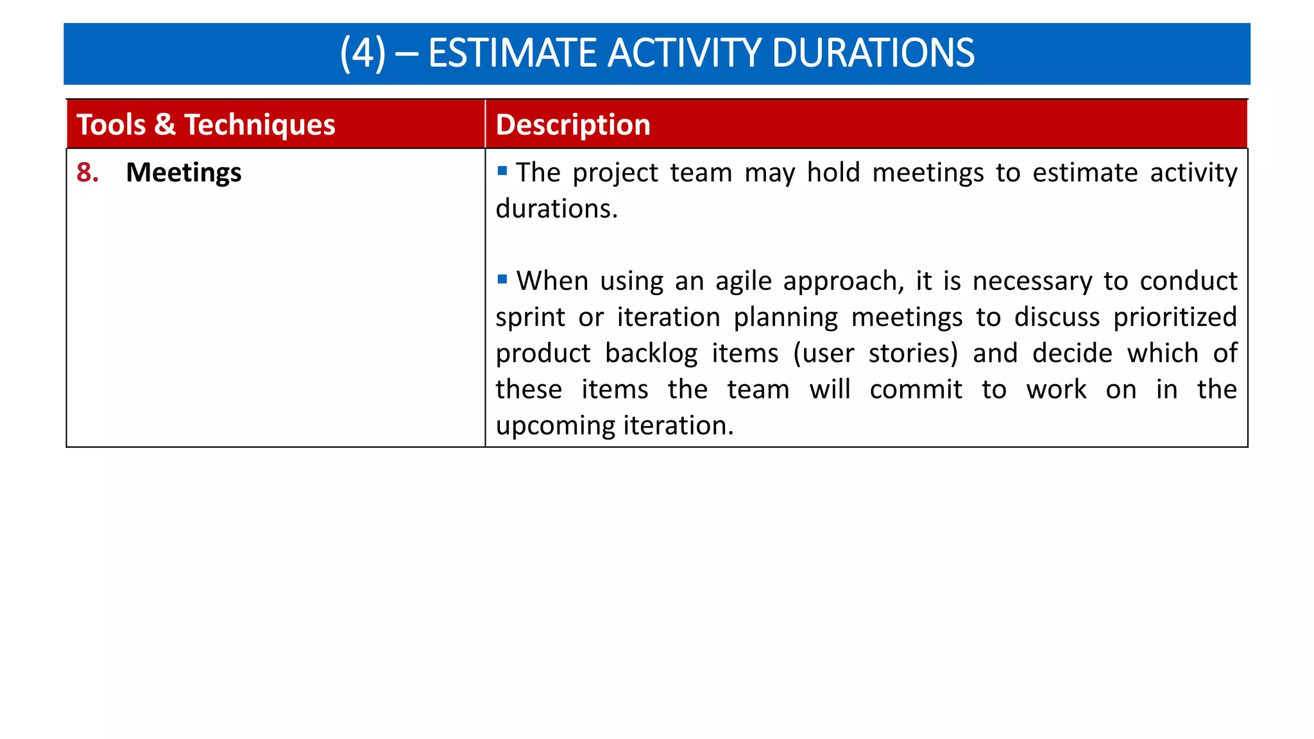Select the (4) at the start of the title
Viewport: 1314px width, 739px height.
(x=363, y=53)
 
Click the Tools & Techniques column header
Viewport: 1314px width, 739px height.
(x=206, y=124)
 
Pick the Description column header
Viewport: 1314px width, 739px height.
(x=573, y=124)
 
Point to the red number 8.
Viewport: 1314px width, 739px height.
(x=87, y=173)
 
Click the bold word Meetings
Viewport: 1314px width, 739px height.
(x=183, y=173)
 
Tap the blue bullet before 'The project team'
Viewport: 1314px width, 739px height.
(x=502, y=171)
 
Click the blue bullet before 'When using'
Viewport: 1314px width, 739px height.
(x=502, y=279)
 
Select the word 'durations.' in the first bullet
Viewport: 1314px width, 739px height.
(x=556, y=209)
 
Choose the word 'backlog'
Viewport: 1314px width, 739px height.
(x=651, y=354)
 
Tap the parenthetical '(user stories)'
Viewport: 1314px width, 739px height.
(x=875, y=354)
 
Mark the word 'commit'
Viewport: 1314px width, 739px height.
(x=916, y=390)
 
